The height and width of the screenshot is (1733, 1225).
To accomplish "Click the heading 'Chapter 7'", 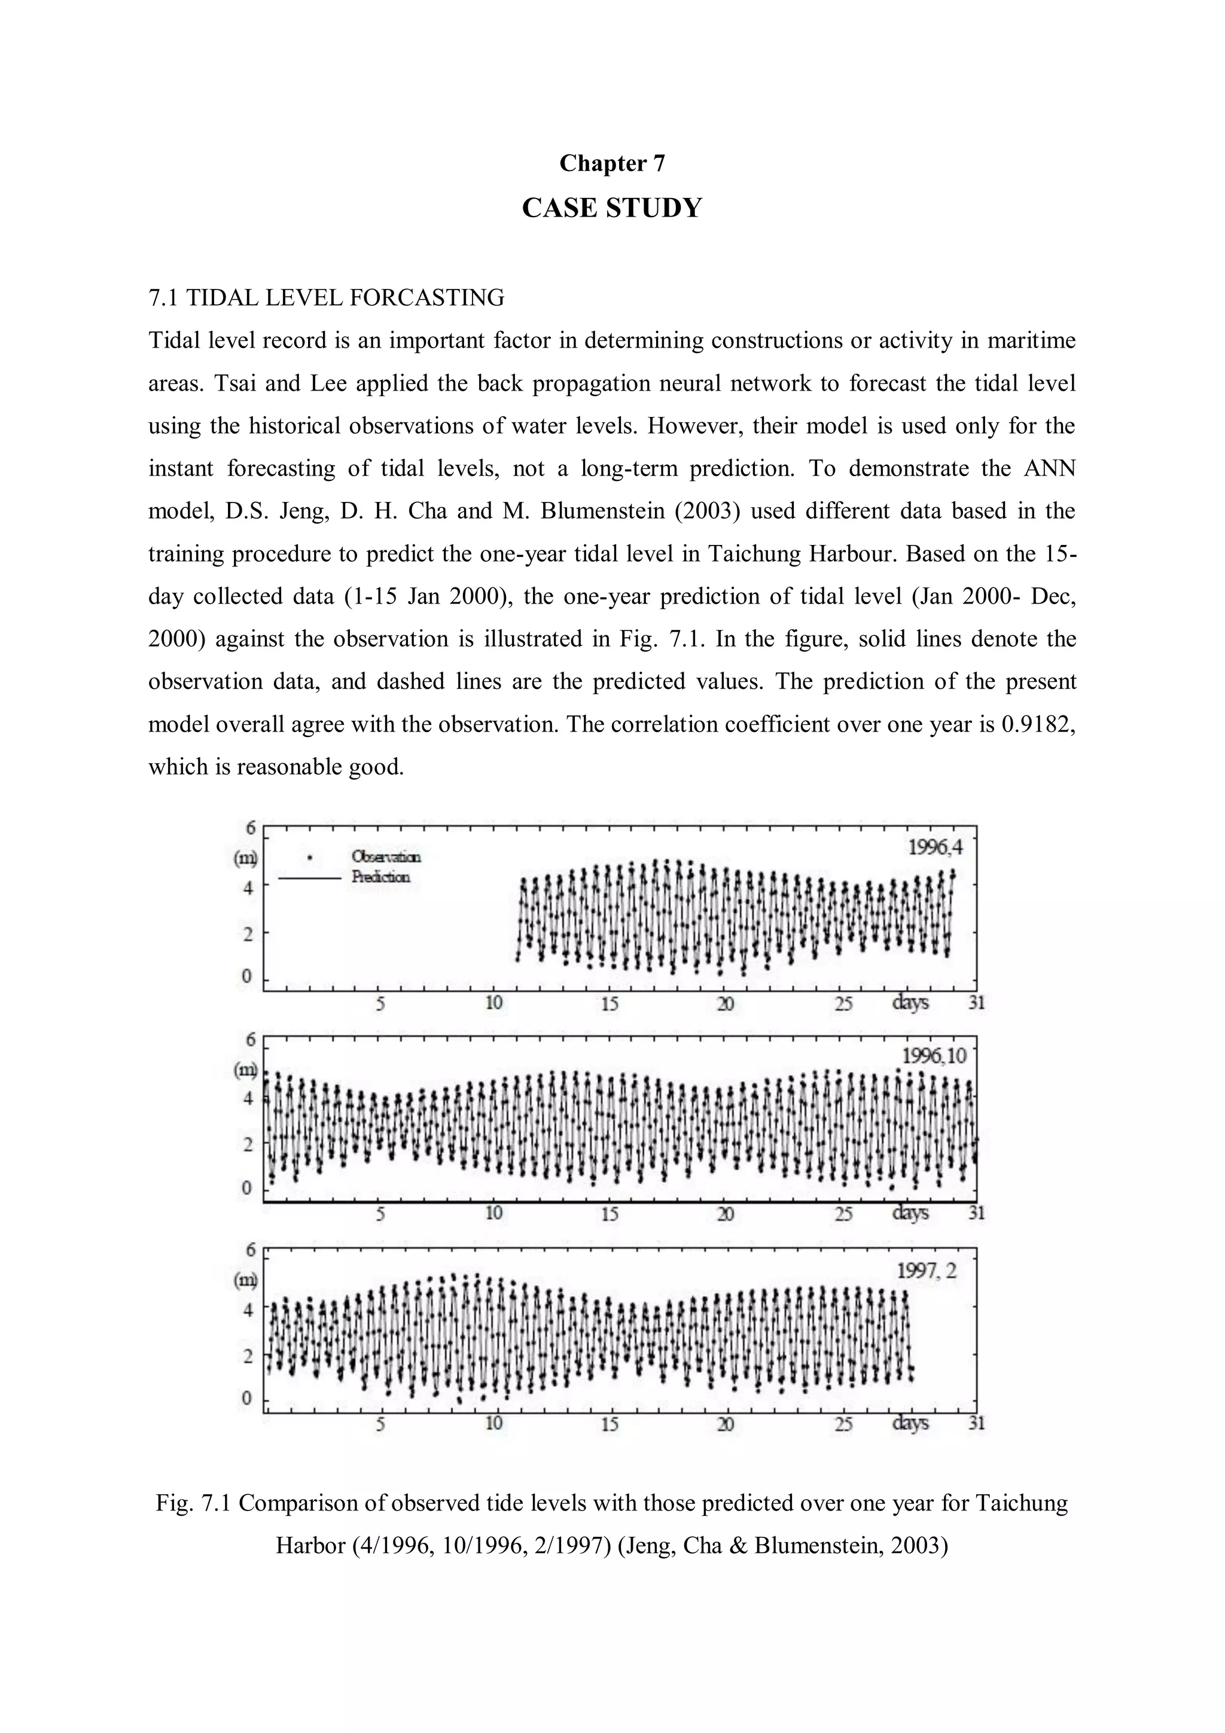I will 612,163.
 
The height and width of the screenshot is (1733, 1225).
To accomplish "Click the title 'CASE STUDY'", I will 612,208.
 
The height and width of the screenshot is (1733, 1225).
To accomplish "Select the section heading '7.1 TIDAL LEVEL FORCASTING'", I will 326,298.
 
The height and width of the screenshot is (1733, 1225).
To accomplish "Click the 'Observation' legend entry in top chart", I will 386,857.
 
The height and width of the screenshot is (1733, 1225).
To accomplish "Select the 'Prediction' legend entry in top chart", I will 380,877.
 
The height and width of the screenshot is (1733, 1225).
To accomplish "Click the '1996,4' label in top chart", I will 935,847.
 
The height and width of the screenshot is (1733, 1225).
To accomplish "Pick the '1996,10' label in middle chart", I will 934,1056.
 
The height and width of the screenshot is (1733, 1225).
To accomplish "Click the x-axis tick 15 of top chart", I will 610,1004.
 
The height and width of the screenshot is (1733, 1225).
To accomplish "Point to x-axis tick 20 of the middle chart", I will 726,1214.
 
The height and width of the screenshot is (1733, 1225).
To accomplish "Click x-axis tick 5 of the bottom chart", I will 380,1424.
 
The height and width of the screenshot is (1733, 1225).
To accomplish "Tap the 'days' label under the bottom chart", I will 910,1424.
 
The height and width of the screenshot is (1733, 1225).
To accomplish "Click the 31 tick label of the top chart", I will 977,1004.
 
